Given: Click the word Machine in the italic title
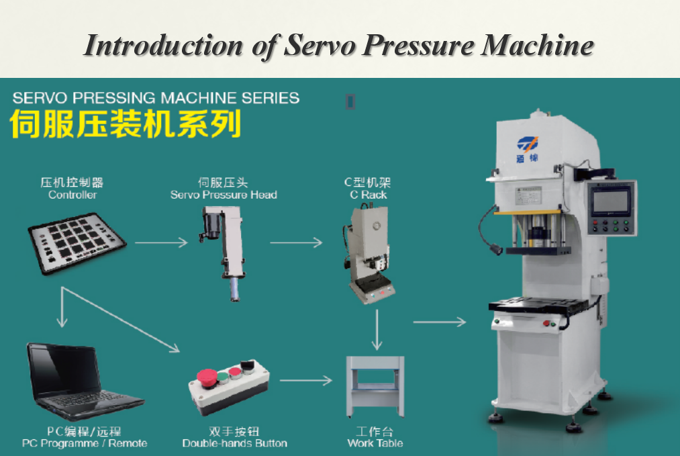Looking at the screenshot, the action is [x=537, y=46].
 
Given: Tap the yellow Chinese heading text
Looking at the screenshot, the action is [x=126, y=124].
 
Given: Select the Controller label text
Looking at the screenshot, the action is [x=72, y=195].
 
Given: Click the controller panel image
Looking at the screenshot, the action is [x=77, y=243].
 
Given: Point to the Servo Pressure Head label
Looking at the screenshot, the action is [x=224, y=195].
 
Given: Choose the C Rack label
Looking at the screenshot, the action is [x=368, y=195].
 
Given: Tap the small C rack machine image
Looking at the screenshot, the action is [x=369, y=255].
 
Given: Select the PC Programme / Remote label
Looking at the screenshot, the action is [x=85, y=443].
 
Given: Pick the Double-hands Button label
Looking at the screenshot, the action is [x=235, y=443].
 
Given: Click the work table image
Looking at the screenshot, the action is [x=375, y=387].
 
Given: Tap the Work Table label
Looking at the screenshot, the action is [x=375, y=443].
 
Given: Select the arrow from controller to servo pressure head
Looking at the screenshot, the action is [x=161, y=242].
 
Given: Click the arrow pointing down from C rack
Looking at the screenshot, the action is [x=377, y=330].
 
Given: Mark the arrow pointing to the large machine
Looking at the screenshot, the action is [x=440, y=322].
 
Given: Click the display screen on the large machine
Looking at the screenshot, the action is [x=611, y=201].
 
